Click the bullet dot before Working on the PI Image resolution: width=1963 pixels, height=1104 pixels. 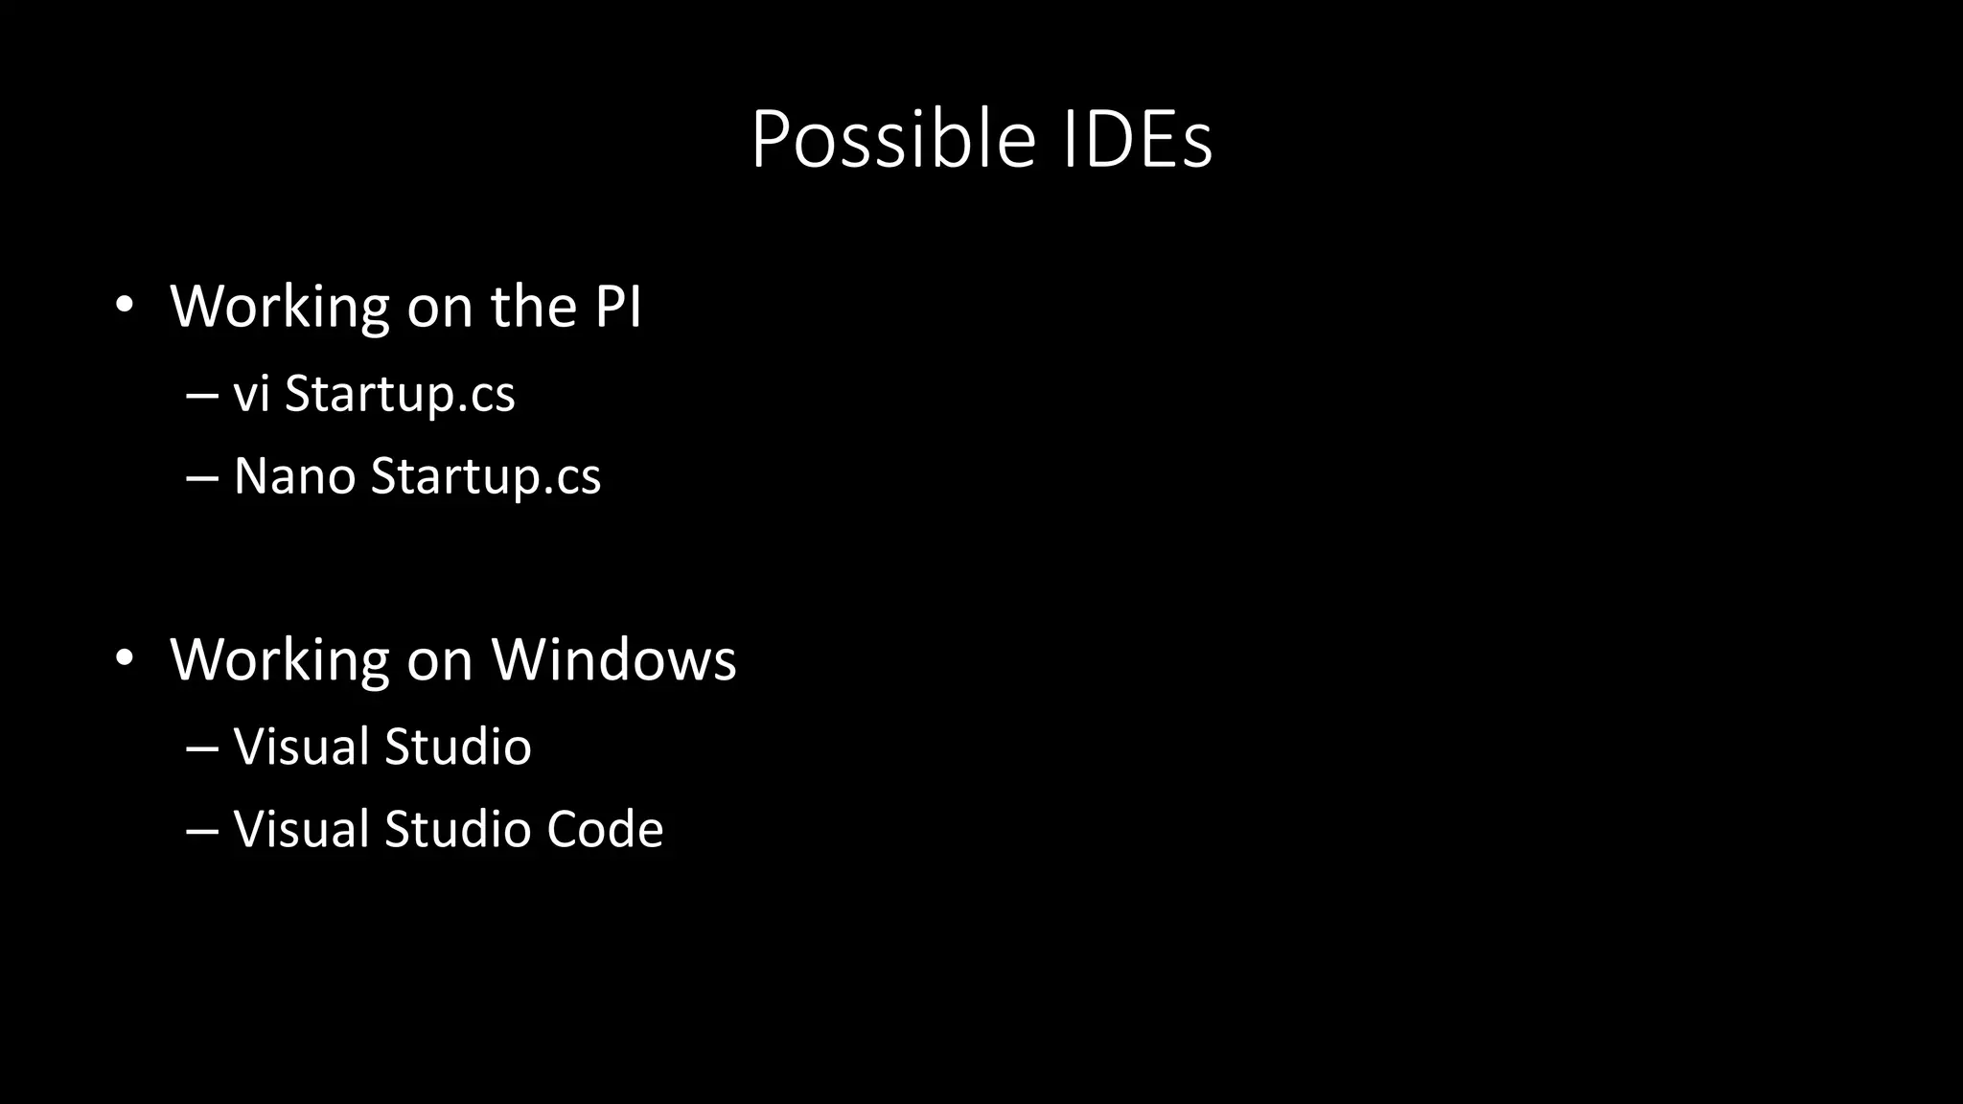[124, 306]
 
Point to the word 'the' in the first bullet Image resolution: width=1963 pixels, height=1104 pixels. [533, 307]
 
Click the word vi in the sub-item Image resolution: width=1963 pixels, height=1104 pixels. [251, 394]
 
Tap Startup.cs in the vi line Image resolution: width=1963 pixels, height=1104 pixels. [400, 394]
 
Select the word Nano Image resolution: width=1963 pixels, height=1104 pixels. [294, 476]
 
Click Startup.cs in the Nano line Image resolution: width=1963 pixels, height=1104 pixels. [486, 476]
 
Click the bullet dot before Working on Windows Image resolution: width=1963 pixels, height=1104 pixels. [124, 658]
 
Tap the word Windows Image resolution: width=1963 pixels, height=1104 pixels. [614, 659]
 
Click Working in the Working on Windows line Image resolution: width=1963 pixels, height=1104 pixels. [280, 659]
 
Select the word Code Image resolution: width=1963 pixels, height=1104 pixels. [604, 829]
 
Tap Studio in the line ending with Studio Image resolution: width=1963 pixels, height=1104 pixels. [457, 747]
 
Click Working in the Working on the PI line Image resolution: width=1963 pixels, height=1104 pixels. [280, 307]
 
